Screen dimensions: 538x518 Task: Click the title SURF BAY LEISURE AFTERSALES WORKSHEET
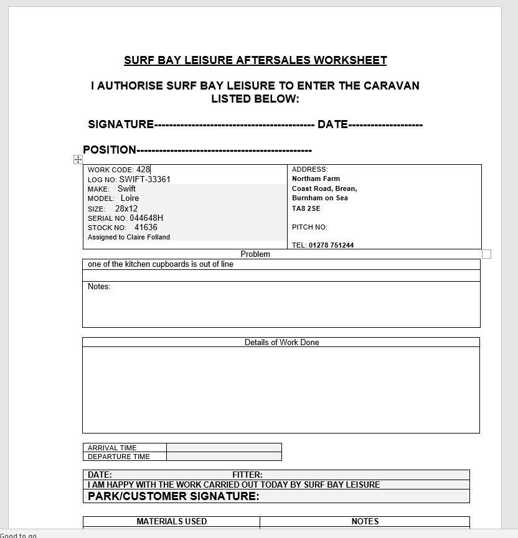pos(255,60)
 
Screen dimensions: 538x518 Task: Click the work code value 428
pos(143,169)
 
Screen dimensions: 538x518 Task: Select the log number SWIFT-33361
pos(144,179)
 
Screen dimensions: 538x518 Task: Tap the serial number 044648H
pos(146,218)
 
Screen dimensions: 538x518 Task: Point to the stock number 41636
pos(146,228)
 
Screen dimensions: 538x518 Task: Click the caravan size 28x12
pos(126,209)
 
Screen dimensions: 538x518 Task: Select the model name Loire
pos(129,198)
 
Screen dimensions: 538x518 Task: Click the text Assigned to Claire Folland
pos(129,237)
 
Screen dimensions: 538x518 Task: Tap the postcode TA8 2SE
pos(306,208)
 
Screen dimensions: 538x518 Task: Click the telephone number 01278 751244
pos(331,245)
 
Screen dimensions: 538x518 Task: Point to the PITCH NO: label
pos(309,227)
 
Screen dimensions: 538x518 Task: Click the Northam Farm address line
pos(316,179)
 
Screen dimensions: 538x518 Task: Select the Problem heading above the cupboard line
pos(255,254)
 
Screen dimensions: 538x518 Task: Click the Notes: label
pos(99,287)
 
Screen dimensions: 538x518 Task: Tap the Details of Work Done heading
pos(281,342)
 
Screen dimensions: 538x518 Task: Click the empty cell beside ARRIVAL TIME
pos(224,448)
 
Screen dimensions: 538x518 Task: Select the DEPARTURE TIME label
pos(119,457)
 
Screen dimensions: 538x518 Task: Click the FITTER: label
pos(247,475)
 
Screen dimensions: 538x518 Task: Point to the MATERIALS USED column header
pos(172,521)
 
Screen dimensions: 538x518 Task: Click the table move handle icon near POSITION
pos(78,160)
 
